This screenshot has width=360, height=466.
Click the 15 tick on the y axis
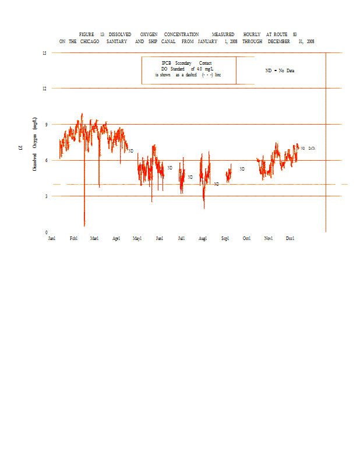point(44,53)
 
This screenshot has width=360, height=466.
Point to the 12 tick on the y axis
point(44,89)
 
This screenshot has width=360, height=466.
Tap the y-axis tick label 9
point(45,124)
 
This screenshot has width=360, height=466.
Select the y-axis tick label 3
point(45,196)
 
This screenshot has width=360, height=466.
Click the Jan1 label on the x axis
point(52,238)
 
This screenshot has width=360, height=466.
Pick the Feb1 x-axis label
point(73,238)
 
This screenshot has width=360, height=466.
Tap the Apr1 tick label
point(116,238)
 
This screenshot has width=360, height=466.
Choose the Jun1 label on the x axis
point(159,238)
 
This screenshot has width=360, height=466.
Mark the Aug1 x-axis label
point(203,238)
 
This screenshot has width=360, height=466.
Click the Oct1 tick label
point(246,238)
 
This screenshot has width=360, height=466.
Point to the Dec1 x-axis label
point(290,238)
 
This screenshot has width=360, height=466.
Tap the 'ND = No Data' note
point(280,70)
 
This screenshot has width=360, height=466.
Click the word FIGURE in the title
point(87,34)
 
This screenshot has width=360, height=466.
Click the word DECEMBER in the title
point(279,42)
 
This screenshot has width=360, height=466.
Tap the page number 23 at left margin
point(21,149)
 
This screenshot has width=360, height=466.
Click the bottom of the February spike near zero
point(84,225)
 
